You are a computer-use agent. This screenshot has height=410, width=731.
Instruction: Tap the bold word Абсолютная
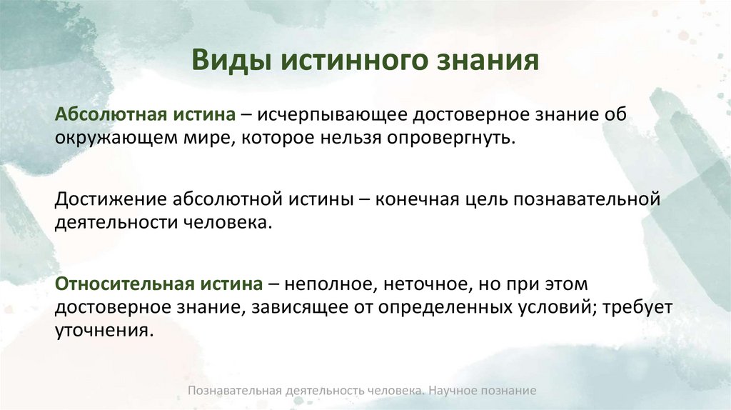[109, 114]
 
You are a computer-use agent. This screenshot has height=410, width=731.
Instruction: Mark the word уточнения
[104, 331]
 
